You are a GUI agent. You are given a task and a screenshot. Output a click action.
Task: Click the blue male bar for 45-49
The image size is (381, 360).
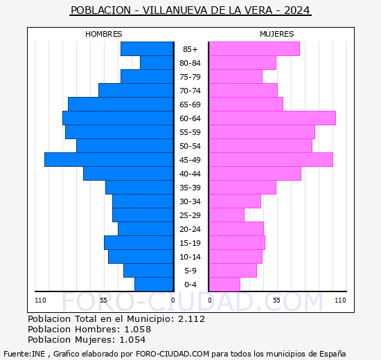108,160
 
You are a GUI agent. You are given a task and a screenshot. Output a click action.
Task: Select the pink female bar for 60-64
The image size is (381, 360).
272,118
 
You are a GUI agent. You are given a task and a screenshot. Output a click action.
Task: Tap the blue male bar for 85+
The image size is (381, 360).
146,49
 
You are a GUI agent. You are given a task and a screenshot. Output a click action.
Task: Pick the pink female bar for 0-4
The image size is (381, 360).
224,285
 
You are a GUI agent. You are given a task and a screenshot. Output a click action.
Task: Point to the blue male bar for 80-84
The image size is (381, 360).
156,63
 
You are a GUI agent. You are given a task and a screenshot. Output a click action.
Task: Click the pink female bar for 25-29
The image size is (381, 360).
226,215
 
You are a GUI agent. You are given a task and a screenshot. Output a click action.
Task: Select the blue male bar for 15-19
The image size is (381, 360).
138,243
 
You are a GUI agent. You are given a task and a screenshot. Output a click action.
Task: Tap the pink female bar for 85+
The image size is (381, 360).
254,49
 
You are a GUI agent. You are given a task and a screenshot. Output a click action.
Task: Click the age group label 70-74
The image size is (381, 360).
190,91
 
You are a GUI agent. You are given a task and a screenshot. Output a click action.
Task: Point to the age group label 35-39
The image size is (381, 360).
190,188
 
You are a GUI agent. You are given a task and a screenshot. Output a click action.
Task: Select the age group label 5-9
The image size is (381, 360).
190,271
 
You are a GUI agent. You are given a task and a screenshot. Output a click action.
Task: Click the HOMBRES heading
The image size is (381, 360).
103,34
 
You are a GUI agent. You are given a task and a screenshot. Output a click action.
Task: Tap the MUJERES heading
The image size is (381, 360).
276,34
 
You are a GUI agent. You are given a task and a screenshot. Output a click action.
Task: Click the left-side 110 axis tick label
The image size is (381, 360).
41,300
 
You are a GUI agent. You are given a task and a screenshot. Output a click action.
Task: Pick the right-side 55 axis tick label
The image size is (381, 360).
276,300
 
